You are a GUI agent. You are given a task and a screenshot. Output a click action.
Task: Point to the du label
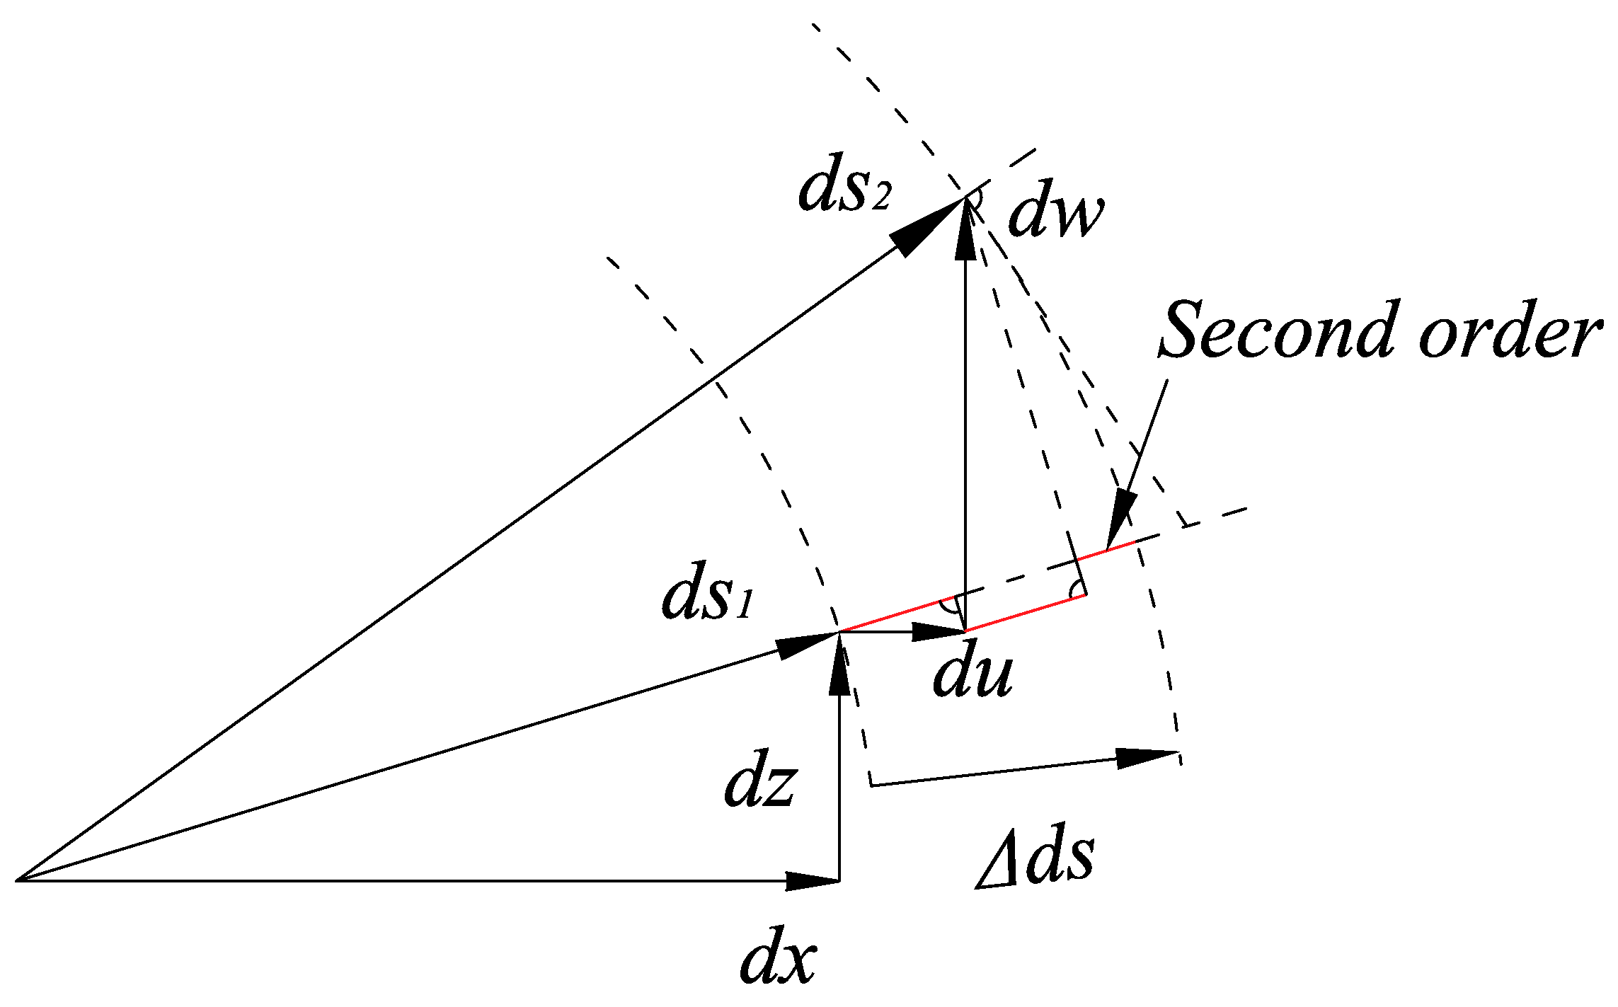coord(972,675)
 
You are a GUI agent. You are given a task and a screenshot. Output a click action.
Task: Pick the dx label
coord(777,962)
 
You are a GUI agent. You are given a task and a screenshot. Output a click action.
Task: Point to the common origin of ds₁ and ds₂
coord(18,881)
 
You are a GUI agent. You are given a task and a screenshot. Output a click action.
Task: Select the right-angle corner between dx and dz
coord(839,881)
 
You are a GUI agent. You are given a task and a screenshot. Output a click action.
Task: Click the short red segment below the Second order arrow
coord(1120,546)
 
